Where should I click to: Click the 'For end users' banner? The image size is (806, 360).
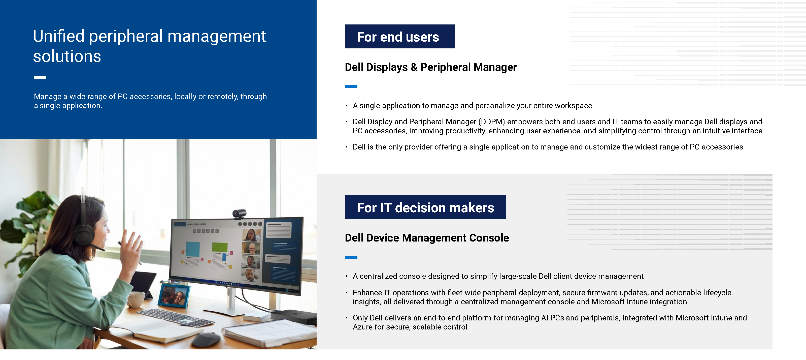[399, 37]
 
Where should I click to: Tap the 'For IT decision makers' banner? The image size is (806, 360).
[425, 207]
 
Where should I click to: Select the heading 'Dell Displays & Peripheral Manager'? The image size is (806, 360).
[430, 67]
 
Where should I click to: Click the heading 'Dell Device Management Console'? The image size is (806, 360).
[426, 238]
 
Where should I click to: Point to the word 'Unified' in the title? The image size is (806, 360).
[58, 36]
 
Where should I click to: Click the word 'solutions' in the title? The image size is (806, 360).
[67, 57]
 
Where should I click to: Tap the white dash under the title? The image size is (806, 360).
[40, 78]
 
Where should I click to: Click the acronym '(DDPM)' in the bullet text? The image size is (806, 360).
[491, 122]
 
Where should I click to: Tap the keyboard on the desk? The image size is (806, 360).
[175, 317]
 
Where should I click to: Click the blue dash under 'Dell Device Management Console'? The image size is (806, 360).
[351, 257]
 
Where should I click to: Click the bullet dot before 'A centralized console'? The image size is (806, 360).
[347, 276]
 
